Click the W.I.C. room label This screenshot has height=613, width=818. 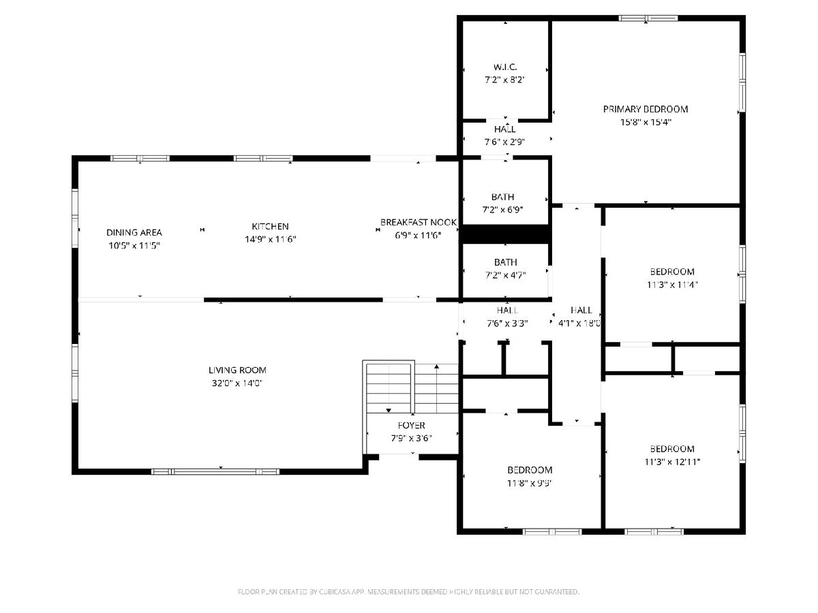coord(505,67)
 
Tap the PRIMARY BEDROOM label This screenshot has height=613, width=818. coord(646,109)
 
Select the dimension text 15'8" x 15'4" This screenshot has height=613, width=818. coord(646,122)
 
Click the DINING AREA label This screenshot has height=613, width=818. coord(134,233)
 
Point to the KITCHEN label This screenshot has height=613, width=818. coord(270,226)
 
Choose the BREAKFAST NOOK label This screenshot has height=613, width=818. coord(418,222)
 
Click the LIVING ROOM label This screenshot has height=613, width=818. coord(237,370)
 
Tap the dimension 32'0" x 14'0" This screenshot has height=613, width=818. coord(237,383)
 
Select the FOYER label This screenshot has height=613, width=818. coord(412,425)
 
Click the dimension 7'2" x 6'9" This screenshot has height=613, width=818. coord(502,210)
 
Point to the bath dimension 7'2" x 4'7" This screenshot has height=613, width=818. coord(505,275)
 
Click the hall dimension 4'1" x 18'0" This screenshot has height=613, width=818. coord(579,323)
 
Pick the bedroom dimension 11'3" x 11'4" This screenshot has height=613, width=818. coord(672,285)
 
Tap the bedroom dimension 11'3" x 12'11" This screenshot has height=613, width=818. coord(672,462)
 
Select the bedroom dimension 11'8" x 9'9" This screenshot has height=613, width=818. coord(529,483)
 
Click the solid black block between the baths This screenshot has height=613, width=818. coord(505,234)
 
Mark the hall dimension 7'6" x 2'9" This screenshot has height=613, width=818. coord(505,142)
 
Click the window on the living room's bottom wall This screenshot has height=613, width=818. coord(215,471)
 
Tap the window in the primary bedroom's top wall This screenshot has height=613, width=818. coord(648,18)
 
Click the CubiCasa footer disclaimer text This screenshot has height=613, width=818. coord(408,592)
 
